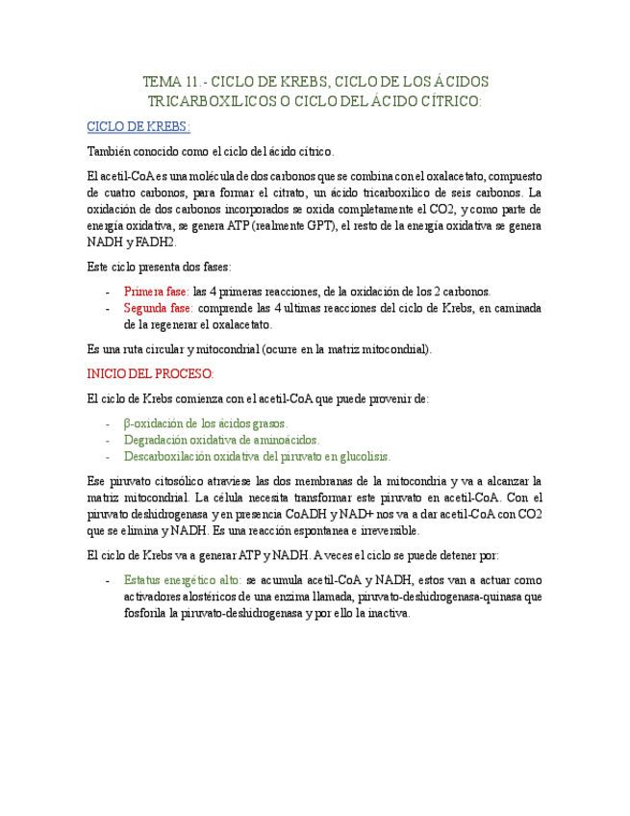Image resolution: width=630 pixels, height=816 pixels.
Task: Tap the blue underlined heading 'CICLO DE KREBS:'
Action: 139,126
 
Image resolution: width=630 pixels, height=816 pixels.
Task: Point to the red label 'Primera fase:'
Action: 157,291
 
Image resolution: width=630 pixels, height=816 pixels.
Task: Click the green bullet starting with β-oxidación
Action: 206,422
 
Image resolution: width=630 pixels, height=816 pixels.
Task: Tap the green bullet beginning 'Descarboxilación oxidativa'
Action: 257,456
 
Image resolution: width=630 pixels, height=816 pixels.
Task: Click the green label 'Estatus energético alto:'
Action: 183,581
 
